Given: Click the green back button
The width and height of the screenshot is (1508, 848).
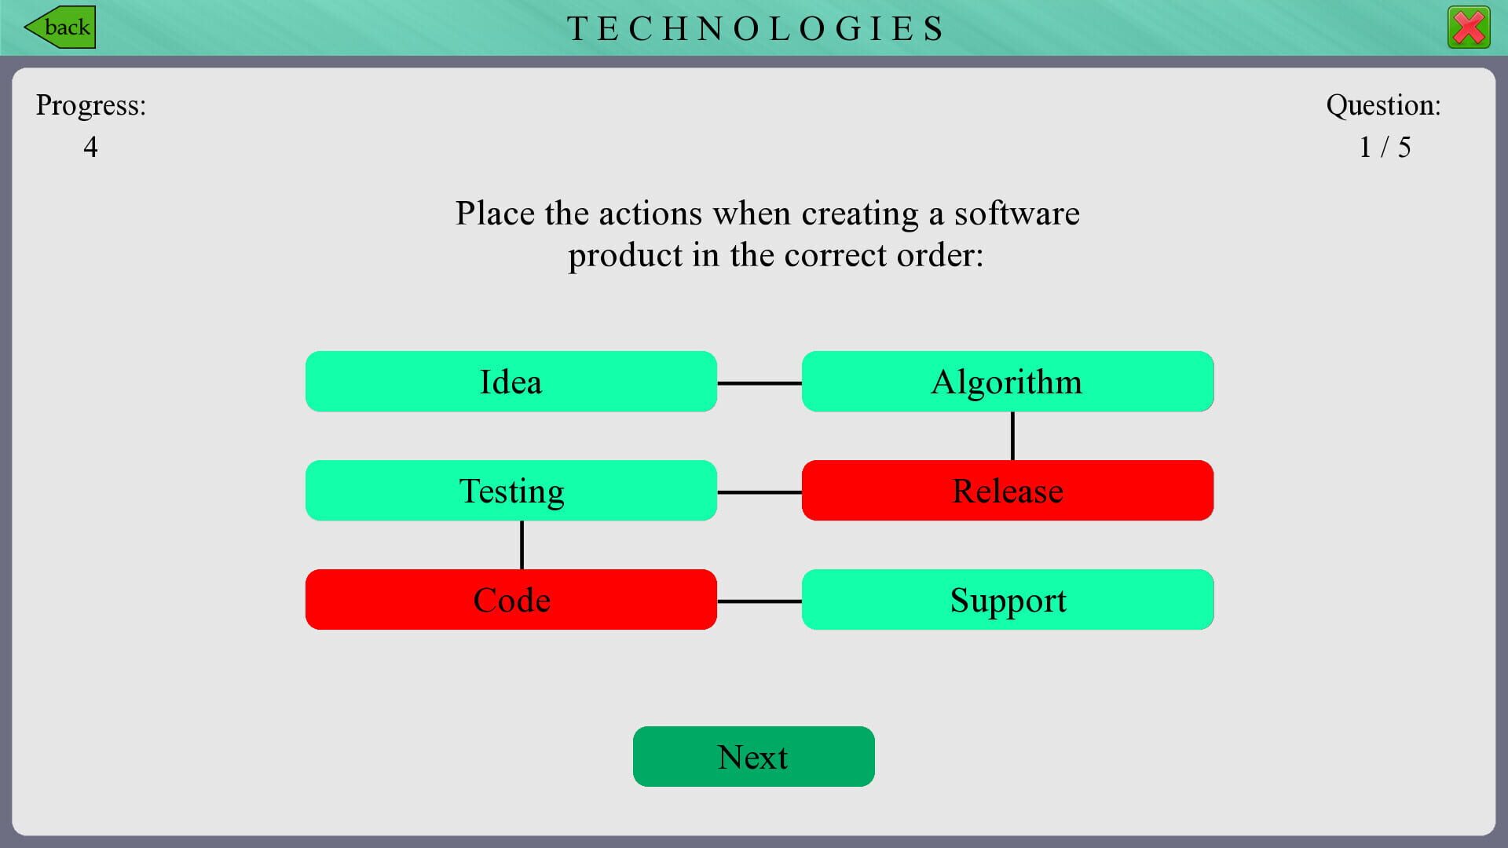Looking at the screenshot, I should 60,27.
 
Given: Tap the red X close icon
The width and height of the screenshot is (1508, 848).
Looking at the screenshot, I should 1468,28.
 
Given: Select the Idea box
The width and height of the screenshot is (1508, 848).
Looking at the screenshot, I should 511,382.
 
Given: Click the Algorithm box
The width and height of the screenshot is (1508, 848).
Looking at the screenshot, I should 1007,382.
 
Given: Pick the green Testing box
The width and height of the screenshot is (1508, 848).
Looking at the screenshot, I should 511,491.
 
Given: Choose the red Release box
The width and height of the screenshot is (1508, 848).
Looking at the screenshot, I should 1007,491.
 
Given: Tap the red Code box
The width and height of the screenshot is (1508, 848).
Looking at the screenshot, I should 511,600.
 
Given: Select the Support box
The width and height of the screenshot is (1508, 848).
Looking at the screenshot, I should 1007,600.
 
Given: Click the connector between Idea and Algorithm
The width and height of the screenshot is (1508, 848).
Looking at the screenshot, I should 759,383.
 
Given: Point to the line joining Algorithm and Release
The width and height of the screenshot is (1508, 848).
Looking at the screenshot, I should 1012,436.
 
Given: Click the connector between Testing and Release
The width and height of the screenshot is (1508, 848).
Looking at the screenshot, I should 759,492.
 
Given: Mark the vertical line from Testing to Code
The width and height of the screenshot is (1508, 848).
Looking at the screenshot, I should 522,545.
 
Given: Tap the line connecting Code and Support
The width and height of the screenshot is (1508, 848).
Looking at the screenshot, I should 759,601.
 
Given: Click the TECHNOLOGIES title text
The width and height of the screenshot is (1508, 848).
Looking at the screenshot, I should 755,29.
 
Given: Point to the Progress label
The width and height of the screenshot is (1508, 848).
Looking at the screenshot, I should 90,105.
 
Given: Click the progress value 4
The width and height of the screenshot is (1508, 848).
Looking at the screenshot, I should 90,147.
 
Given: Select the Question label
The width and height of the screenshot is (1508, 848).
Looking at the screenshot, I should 1383,105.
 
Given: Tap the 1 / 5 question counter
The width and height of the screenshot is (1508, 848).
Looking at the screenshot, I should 1385,147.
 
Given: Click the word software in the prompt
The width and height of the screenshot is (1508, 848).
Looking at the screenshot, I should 1016,214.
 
